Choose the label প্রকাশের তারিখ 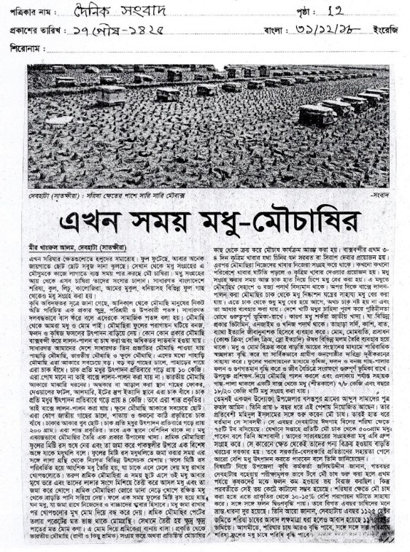click(x=31, y=31)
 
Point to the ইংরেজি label click(x=380, y=31)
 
